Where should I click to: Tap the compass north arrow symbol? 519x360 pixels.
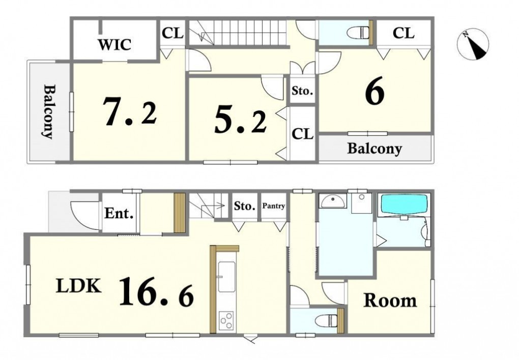coord(473,45)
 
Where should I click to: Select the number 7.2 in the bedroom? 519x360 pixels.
coord(129,111)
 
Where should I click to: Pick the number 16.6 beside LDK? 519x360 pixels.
coord(156,291)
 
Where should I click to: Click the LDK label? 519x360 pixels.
coord(78,286)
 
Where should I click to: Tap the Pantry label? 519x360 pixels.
coord(274,206)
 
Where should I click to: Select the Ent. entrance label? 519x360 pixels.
coord(119,214)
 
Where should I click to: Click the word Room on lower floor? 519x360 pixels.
coord(390,301)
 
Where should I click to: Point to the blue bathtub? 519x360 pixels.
coord(405,204)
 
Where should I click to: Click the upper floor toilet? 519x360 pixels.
coord(358,33)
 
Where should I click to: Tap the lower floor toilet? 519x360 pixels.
coord(326,320)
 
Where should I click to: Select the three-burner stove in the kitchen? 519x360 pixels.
coord(226,321)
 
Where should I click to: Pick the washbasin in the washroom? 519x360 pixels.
coord(333,200)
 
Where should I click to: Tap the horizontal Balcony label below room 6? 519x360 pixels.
coord(374,148)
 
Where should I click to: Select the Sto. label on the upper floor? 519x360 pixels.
coord(302,91)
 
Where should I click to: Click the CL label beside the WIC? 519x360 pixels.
coord(172,34)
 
